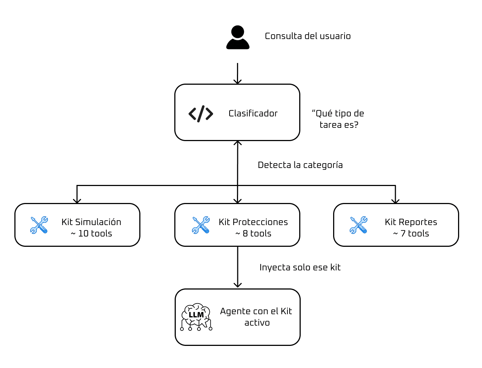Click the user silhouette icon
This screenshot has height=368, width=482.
click(238, 37)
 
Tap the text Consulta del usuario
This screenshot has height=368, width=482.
click(307, 36)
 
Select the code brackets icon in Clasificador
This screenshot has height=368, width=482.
click(201, 113)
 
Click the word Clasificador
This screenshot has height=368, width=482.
click(253, 113)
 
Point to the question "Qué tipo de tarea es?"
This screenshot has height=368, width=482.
click(338, 119)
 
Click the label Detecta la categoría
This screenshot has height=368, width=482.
click(300, 165)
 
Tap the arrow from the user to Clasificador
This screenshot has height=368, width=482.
click(238, 74)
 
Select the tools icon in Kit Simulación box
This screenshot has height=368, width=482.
click(39, 225)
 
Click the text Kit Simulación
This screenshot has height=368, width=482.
click(91, 222)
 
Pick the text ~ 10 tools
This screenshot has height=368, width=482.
click(91, 234)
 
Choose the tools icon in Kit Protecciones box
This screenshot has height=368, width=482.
click(201, 225)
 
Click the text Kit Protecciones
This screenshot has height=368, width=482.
click(253, 222)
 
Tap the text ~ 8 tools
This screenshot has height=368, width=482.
click(253, 234)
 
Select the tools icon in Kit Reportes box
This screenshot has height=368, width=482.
click(359, 225)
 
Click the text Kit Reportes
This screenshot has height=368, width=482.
click(411, 222)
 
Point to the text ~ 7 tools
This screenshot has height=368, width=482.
click(411, 234)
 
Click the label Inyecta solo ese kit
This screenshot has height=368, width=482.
click(300, 267)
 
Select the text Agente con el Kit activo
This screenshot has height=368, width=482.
click(256, 317)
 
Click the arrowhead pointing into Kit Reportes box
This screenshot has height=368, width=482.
click(395, 201)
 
